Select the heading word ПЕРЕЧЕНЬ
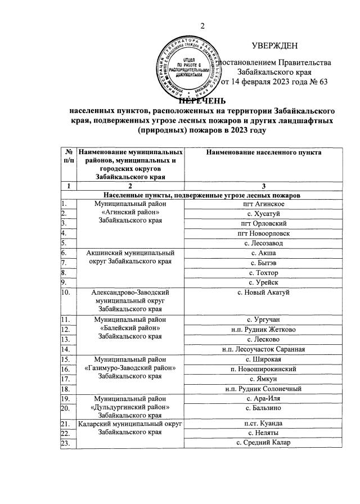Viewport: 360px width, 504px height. [202, 101]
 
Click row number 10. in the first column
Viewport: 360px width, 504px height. [66, 292]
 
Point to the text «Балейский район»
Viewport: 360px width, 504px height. [130, 328]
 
